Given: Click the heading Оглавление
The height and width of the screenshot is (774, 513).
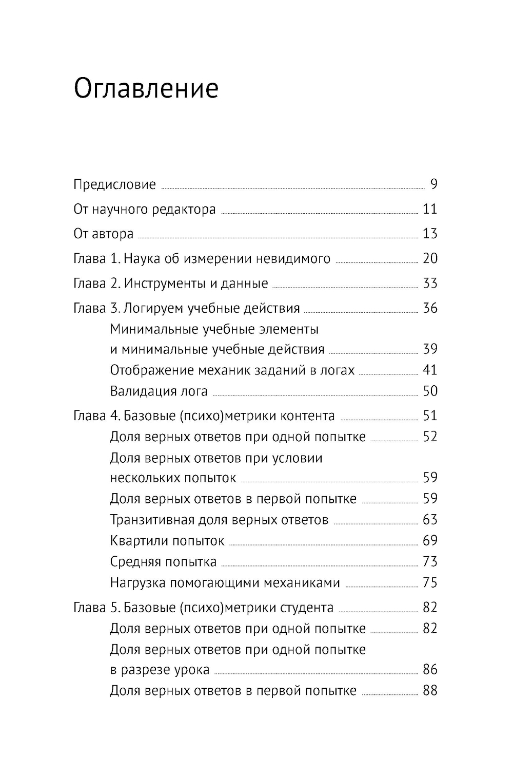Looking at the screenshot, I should [x=146, y=89].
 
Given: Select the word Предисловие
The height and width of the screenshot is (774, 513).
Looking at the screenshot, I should [x=114, y=184].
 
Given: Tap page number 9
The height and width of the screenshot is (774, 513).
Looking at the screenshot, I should [x=433, y=184].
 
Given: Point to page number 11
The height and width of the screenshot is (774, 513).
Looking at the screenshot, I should [x=430, y=209].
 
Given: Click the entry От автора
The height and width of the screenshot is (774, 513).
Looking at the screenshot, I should [x=104, y=234].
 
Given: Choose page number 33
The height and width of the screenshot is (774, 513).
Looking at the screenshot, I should [x=430, y=283].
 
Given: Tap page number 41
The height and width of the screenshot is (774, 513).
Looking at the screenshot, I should [x=430, y=370].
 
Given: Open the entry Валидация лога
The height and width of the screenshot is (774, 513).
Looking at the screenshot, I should [x=159, y=391].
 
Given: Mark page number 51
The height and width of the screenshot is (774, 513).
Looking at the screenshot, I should [x=430, y=416].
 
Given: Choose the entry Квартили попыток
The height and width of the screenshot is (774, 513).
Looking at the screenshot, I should [x=167, y=541].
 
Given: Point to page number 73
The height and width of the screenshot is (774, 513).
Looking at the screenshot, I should [x=430, y=561].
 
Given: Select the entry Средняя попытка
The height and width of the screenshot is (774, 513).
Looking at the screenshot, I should [x=163, y=561].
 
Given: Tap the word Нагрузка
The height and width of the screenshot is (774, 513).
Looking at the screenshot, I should [x=137, y=582].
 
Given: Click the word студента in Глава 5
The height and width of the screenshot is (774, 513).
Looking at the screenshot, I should [x=307, y=608].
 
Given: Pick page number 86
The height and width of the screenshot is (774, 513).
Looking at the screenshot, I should [x=430, y=669].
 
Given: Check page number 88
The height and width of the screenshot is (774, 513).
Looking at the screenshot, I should [x=430, y=690].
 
